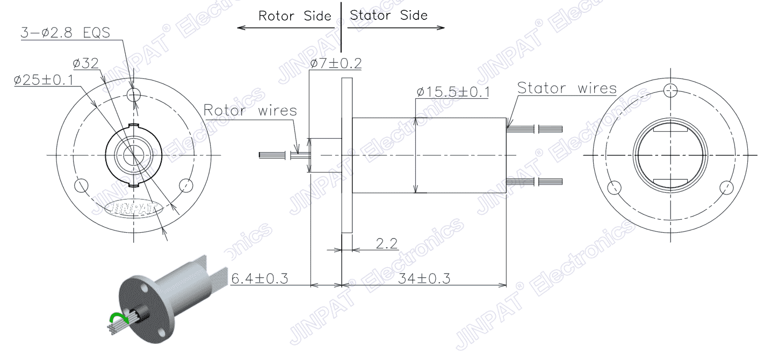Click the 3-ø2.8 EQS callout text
pyautogui.click(x=65, y=33)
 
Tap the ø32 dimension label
pyautogui.click(x=86, y=63)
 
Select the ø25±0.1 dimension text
pyautogui.click(x=44, y=80)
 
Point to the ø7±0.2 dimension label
pyautogui.click(x=336, y=63)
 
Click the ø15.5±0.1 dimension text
pyautogui.click(x=453, y=92)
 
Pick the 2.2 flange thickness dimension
pyautogui.click(x=387, y=244)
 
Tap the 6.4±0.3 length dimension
pyautogui.click(x=259, y=279)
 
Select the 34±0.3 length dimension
pyautogui.click(x=424, y=279)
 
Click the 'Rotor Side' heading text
pyautogui.click(x=294, y=16)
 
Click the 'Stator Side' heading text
pyautogui.click(x=389, y=15)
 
